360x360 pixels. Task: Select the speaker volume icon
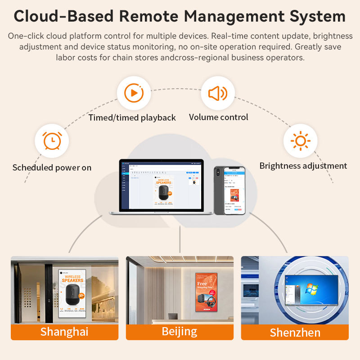pyautogui.click(x=218, y=93)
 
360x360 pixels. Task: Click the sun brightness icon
pyautogui.click(x=300, y=141)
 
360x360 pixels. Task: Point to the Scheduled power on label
pyautogui.click(x=52, y=167)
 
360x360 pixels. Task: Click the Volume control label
pyautogui.click(x=218, y=117)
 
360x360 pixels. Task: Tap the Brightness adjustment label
pyautogui.click(x=303, y=166)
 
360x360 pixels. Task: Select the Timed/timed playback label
pyautogui.click(x=132, y=117)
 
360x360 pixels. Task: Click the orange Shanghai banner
pyautogui.click(x=64, y=332)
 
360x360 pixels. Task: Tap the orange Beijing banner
pyautogui.click(x=180, y=332)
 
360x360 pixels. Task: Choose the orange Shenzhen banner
pyautogui.click(x=295, y=333)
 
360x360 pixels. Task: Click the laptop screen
pyautogui.click(x=162, y=184)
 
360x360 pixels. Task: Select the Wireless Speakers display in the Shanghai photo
pyautogui.click(x=72, y=292)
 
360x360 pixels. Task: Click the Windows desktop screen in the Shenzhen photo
pyautogui.click(x=311, y=292)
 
